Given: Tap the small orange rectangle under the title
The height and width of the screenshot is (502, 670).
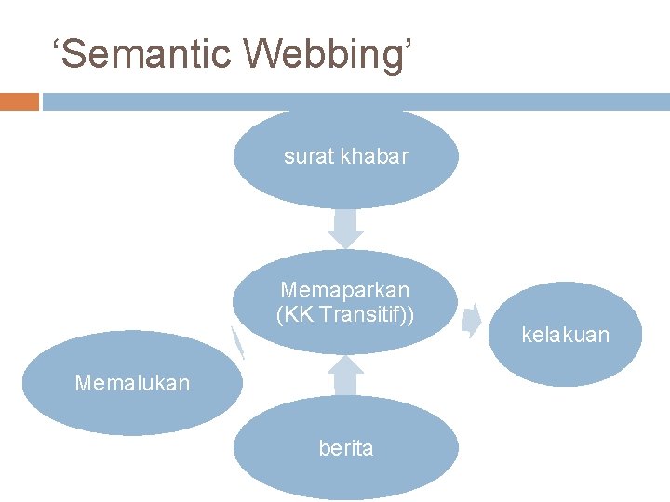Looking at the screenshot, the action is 19,101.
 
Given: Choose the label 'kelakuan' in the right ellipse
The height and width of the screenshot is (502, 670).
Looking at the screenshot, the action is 565,335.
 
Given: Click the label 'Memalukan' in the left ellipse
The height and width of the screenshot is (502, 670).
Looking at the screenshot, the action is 132,382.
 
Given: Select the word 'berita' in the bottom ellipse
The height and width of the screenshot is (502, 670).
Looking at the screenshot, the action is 345,448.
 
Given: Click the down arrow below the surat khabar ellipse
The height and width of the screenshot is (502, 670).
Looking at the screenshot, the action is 346,229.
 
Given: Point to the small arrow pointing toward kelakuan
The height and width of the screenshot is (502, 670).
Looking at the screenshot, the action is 472,317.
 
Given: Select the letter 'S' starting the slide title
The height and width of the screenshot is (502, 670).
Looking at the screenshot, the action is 80,53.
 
